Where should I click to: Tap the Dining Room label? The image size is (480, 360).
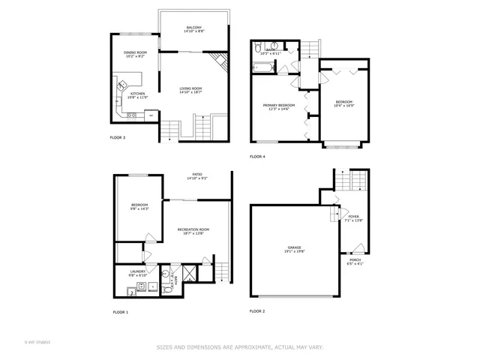[x=135, y=54]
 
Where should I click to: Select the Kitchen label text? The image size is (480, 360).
[x=137, y=95]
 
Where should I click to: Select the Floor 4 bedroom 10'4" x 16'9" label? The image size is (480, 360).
[x=343, y=104]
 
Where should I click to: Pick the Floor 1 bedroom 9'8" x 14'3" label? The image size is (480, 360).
[x=139, y=207]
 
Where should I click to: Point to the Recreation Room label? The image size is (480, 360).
[x=193, y=231]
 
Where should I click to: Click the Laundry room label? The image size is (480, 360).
[x=137, y=273]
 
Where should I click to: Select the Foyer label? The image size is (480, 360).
[x=354, y=218]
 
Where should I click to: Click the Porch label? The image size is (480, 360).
[x=355, y=262]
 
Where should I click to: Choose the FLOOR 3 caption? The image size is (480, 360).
[x=118, y=138]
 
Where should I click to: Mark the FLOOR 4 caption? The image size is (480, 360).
[x=257, y=157]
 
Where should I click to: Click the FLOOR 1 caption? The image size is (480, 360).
[x=121, y=311]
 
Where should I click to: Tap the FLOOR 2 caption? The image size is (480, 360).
[x=257, y=310]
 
